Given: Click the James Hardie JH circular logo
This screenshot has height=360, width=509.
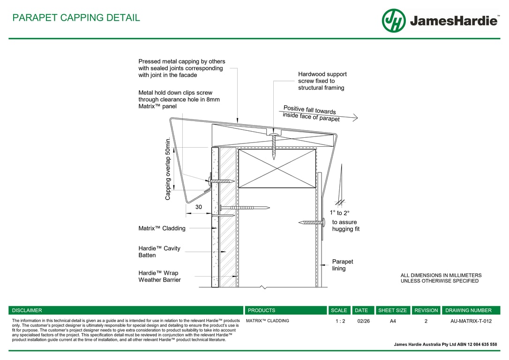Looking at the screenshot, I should pyautogui.click(x=394, y=21).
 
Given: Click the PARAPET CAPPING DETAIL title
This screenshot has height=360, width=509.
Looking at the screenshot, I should pyautogui.click(x=76, y=18).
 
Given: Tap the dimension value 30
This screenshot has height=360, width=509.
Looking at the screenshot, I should pyautogui.click(x=199, y=207).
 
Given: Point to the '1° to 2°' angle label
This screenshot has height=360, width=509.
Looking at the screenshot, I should pyautogui.click(x=339, y=213).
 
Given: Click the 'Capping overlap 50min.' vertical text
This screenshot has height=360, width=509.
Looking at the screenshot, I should pyautogui.click(x=168, y=169).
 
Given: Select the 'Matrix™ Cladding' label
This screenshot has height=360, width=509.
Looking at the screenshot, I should pyautogui.click(x=162, y=228).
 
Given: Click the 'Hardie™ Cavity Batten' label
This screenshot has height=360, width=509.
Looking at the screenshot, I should pyautogui.click(x=159, y=252).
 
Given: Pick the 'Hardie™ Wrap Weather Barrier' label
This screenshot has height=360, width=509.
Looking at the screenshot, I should pyautogui.click(x=159, y=276).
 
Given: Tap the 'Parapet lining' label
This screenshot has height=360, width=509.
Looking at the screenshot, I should pyautogui.click(x=343, y=265).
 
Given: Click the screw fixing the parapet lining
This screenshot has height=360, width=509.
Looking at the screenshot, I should pyautogui.click(x=311, y=222).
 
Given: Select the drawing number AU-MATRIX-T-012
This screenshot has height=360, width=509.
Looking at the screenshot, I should pyautogui.click(x=471, y=321).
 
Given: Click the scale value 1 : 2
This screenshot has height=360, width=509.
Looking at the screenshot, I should pyautogui.click(x=340, y=321).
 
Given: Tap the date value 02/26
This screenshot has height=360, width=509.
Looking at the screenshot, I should pyautogui.click(x=363, y=321).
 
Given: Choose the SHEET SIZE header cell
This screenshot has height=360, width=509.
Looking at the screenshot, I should pyautogui.click(x=392, y=310).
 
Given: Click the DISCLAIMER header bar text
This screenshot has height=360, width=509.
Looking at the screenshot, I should pyautogui.click(x=27, y=310).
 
